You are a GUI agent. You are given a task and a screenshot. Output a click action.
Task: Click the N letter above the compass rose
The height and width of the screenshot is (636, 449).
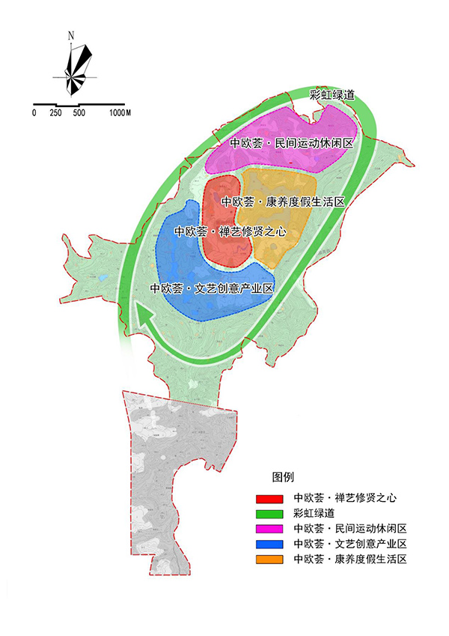pos(70,35)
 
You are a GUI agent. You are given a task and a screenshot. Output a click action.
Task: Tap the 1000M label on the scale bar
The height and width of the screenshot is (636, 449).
pos(120,112)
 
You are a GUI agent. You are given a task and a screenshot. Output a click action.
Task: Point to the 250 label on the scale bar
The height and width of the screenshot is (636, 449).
pos(55,112)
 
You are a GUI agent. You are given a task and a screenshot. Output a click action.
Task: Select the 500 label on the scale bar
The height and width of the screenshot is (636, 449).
pos(79,112)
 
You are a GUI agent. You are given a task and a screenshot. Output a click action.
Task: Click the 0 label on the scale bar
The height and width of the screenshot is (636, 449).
pos(34,112)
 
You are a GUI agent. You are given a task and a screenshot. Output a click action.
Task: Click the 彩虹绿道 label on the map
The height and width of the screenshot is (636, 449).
pos(332,96)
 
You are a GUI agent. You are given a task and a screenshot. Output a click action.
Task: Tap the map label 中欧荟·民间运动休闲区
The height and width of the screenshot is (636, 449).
pos(291,143)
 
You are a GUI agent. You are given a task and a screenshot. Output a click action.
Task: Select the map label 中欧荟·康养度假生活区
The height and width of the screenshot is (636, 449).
pos(283,202)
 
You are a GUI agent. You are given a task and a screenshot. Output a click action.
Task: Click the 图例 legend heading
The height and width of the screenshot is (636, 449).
pos(283,476)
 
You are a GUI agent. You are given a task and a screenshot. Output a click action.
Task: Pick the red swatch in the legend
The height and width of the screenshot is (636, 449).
pos(269,497)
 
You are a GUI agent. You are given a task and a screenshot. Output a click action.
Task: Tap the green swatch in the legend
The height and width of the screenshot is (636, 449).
pos(269,513)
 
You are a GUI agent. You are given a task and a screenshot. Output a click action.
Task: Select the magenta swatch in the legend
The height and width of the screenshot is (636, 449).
pos(269,529)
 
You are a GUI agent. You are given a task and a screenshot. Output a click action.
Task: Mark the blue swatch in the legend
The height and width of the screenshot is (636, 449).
pos(269,544)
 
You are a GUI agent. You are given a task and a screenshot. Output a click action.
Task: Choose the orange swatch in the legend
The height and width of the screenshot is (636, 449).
pos(269,560)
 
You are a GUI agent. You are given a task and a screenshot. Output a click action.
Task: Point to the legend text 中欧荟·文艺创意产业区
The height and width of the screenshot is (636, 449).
pos(350,544)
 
